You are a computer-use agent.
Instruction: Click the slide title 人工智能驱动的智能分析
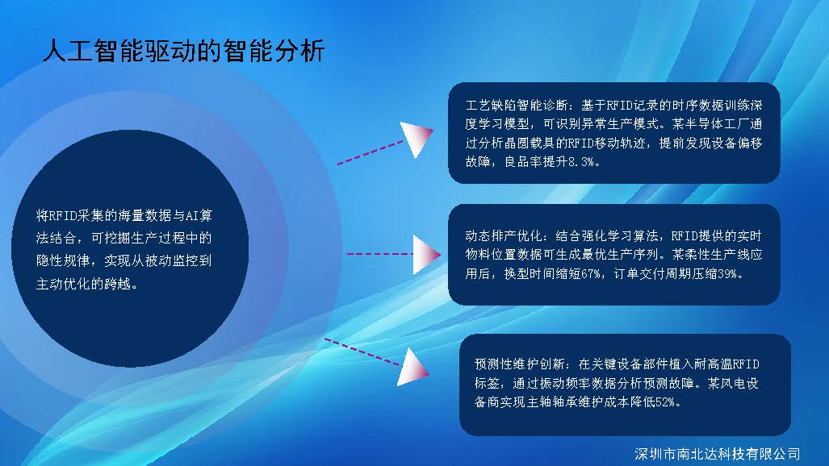click(183, 52)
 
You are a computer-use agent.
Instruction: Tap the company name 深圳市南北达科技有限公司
click(718, 454)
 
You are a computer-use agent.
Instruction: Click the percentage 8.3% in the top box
click(581, 162)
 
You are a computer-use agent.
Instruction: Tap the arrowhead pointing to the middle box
click(425, 255)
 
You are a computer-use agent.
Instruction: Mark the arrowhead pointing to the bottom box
click(412, 368)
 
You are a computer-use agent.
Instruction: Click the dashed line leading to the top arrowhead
click(370, 152)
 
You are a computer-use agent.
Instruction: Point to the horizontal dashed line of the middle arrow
click(379, 254)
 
